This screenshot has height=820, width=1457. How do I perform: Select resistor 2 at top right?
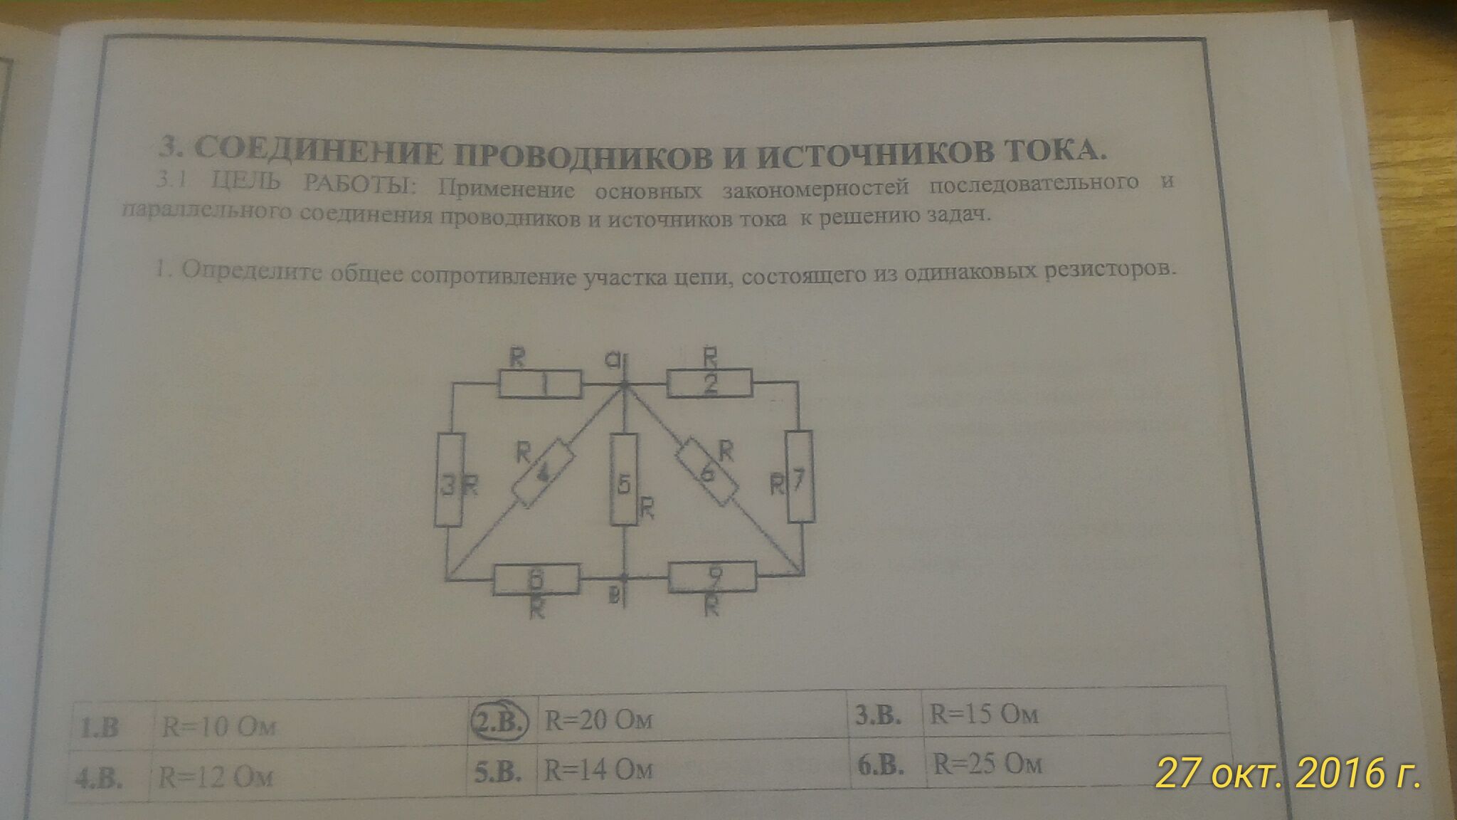(709, 384)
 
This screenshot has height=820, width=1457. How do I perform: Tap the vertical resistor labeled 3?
(448, 479)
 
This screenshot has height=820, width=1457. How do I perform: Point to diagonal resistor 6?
(707, 472)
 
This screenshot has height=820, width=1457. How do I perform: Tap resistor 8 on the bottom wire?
(536, 578)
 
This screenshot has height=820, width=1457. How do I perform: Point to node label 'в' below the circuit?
(614, 596)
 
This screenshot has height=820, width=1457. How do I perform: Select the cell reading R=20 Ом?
(598, 720)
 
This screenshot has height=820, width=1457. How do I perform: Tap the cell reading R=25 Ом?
(987, 764)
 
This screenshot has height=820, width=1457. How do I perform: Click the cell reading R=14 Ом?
(598, 769)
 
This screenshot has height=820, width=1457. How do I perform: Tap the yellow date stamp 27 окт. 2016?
(1288, 773)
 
